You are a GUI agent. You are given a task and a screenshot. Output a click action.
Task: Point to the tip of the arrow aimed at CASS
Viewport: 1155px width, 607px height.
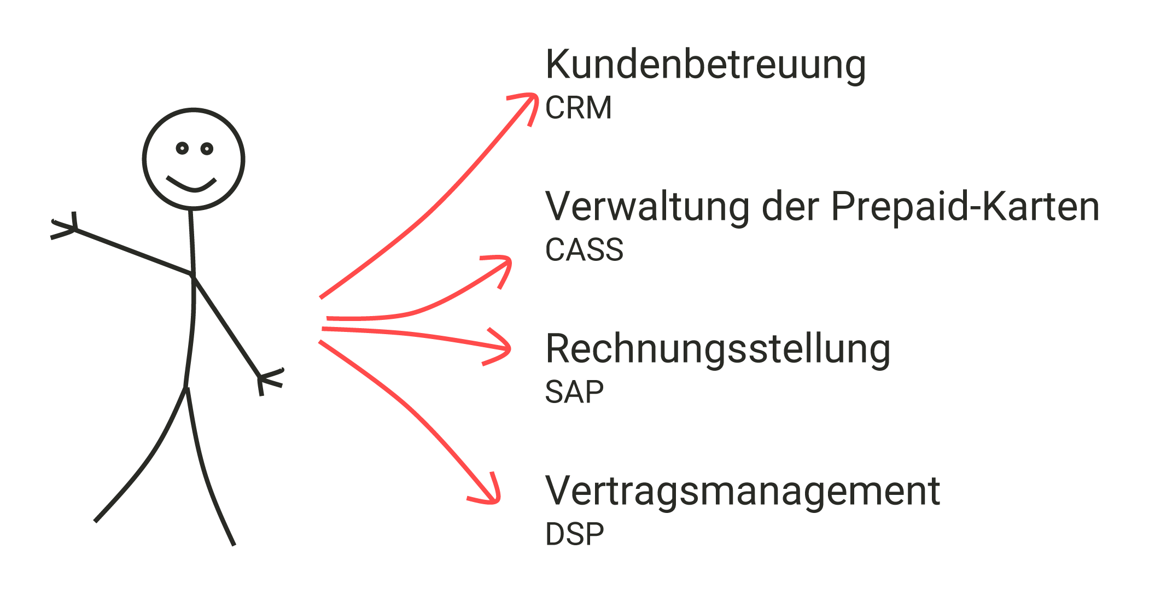(x=510, y=259)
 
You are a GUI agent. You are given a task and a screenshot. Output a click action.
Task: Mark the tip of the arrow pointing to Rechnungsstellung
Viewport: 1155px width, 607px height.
(x=509, y=348)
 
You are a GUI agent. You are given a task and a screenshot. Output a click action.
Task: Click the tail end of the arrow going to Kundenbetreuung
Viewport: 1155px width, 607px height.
(x=320, y=298)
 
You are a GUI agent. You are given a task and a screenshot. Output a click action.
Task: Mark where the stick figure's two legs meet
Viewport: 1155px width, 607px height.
(x=186, y=388)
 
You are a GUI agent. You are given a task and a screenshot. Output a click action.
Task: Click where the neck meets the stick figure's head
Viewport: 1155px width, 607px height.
(x=191, y=209)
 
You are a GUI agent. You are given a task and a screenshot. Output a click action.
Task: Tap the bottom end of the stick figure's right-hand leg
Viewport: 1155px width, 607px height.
(x=234, y=545)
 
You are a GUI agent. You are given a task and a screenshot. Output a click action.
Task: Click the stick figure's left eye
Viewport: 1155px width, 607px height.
(x=182, y=148)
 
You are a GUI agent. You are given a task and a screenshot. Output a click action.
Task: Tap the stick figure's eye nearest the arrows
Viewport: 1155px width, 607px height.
(x=207, y=149)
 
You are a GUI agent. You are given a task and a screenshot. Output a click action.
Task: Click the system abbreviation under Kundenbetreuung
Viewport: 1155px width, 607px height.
(x=579, y=107)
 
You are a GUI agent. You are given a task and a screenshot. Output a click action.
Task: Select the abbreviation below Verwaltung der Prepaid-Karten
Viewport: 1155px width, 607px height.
(x=584, y=250)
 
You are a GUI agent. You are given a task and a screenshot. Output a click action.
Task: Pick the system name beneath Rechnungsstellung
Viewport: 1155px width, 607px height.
(x=574, y=392)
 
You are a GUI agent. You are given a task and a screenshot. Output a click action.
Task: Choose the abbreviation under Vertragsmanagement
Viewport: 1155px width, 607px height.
(x=575, y=534)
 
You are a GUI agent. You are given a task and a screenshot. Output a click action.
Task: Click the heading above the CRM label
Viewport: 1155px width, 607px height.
(x=705, y=65)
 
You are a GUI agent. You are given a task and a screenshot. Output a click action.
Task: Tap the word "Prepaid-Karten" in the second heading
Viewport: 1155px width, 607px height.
(x=965, y=207)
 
